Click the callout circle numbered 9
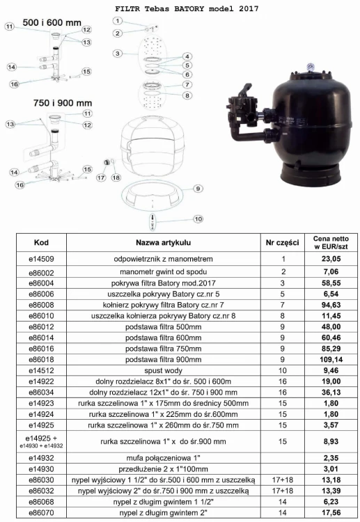click(198, 189)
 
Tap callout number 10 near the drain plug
click(198, 219)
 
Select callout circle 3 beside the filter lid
click(118, 54)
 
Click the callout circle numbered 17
click(101, 177)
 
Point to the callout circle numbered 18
click(116, 177)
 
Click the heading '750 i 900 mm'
click(62, 103)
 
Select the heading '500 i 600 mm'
click(52, 23)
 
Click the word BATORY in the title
click(189, 8)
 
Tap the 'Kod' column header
click(41, 242)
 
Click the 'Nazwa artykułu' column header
click(163, 243)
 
